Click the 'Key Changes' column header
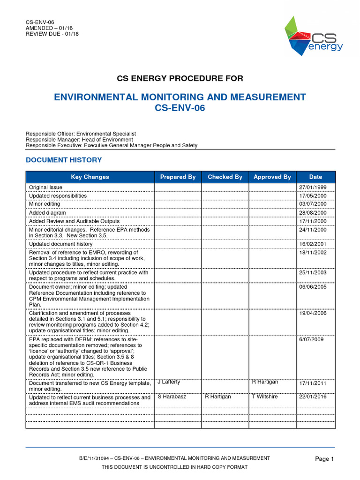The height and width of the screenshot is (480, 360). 90,177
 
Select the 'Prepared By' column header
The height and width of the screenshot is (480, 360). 178,177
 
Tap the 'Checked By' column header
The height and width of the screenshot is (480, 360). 225,177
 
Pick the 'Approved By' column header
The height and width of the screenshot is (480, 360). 272,177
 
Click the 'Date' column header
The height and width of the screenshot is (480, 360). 315,177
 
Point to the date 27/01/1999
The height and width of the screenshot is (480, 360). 313,187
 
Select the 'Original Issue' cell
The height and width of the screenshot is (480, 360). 45,187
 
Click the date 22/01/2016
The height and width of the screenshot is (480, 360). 313,397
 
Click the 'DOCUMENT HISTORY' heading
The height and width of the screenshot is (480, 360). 64,160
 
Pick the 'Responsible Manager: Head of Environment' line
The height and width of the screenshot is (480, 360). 79,139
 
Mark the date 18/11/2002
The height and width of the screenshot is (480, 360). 313,252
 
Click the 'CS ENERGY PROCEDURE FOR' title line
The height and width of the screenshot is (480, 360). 180,78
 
